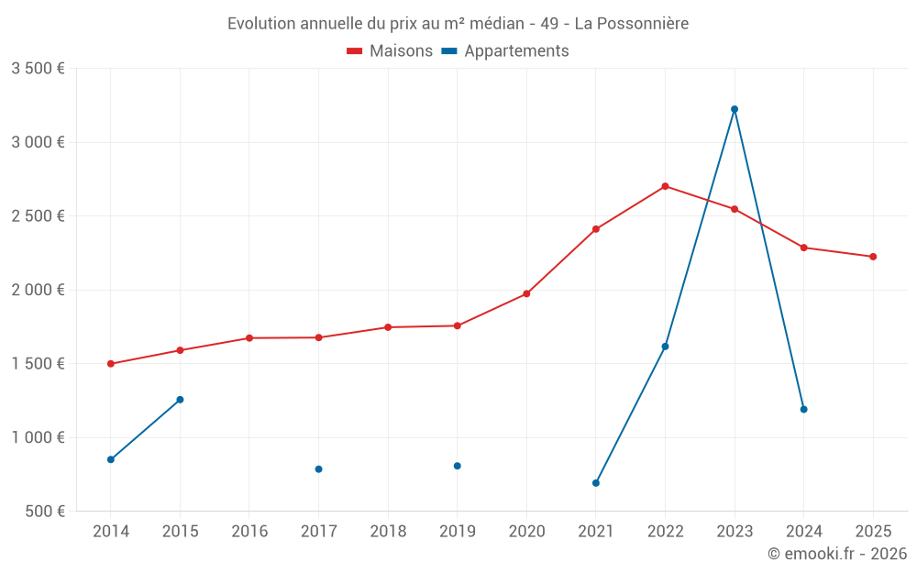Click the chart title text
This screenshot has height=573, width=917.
click(x=458, y=23)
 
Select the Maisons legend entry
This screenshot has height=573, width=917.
click(x=390, y=51)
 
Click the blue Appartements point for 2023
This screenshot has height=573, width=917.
click(x=735, y=109)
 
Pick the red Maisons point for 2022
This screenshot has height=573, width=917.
click(x=665, y=186)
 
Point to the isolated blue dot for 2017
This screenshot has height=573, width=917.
click(x=318, y=469)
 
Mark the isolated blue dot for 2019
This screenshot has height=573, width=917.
click(x=457, y=466)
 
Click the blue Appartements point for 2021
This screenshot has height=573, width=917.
click(x=596, y=483)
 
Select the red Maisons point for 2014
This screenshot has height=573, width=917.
click(x=111, y=364)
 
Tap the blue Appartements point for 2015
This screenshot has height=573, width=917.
click(x=180, y=400)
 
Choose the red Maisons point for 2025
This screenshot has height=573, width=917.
click(x=873, y=257)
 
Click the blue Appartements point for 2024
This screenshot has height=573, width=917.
click(x=803, y=409)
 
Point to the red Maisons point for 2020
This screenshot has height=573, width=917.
click(x=526, y=293)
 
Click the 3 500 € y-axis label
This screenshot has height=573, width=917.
click(x=38, y=69)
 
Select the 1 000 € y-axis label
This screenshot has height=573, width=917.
click(x=38, y=437)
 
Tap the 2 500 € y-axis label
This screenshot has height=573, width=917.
click(x=38, y=216)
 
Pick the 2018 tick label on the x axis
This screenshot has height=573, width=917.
click(x=388, y=531)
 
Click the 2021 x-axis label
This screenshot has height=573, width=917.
click(x=596, y=531)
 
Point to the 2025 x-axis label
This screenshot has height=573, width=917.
click(x=873, y=531)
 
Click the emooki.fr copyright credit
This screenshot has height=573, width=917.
click(x=837, y=554)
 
